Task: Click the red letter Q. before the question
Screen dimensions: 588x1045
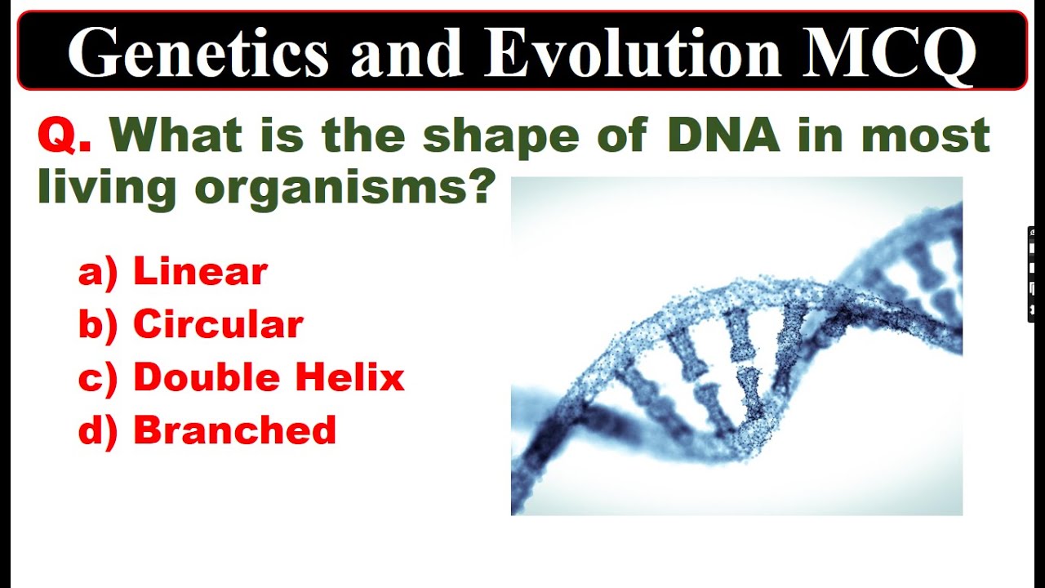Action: click(64, 136)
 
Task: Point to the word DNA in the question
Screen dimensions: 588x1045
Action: click(723, 136)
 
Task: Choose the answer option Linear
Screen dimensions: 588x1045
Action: click(200, 272)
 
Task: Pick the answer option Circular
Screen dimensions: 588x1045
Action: click(218, 325)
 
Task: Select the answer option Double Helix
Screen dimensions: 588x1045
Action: click(269, 377)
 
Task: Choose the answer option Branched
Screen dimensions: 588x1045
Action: click(234, 430)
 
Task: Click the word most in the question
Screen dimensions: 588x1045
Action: click(926, 136)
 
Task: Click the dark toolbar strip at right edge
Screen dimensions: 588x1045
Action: click(1033, 274)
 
